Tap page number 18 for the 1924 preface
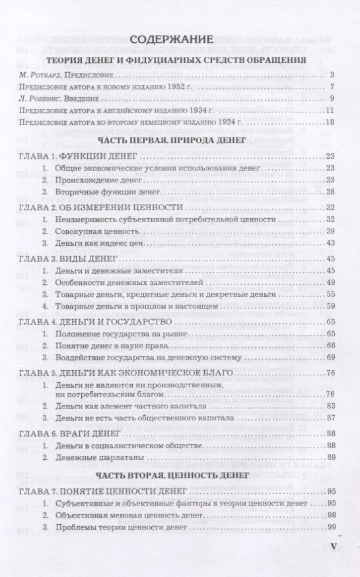pos(331,122)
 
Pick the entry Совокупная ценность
pos(98,231)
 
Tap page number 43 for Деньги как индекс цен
pos(331,243)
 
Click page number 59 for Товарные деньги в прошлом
pos(331,306)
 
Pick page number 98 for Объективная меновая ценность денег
pos(331,514)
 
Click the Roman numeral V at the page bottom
pos(333,547)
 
